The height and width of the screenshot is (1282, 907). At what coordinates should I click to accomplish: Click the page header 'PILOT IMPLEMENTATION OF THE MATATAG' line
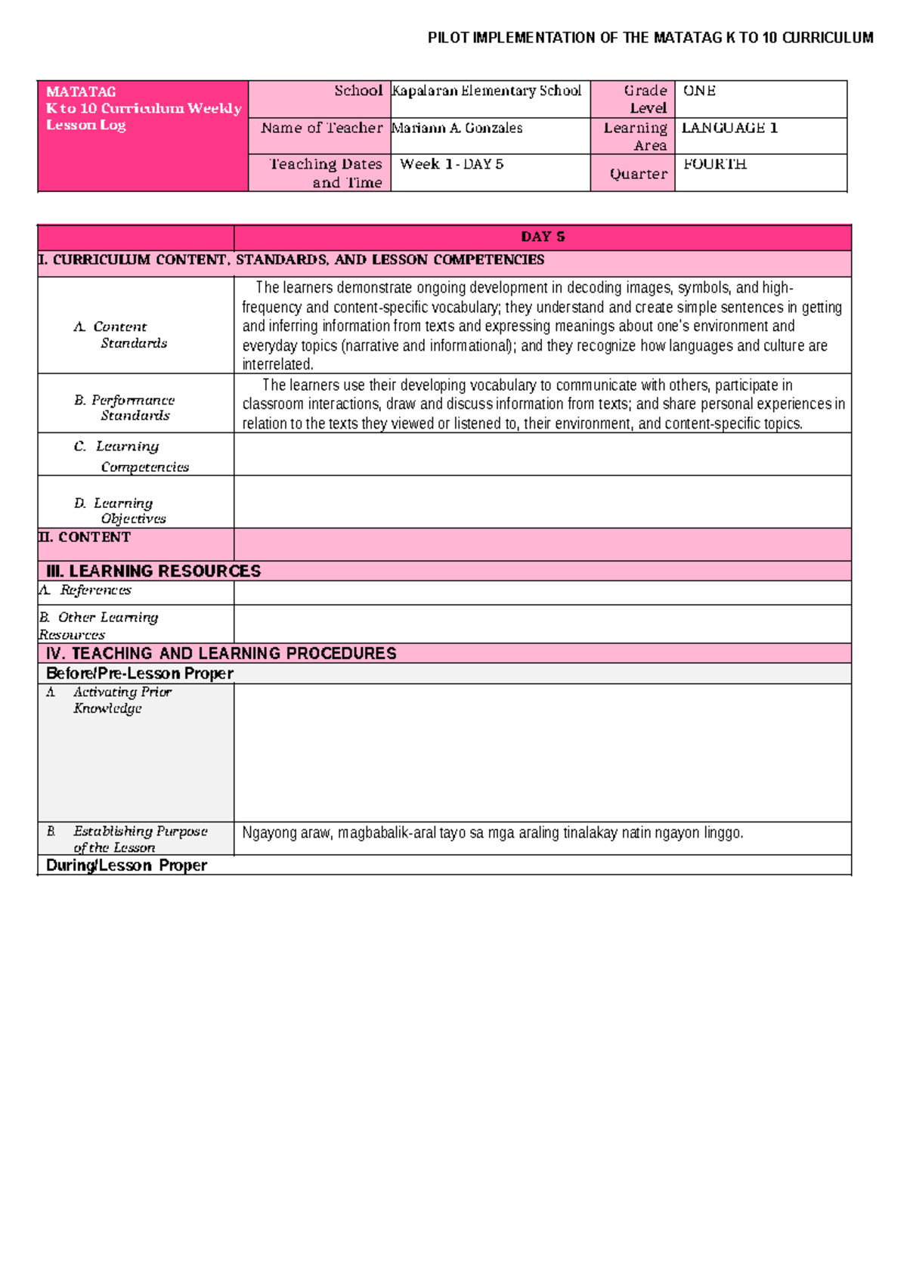coord(650,38)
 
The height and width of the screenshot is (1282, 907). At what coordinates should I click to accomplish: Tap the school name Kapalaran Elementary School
coord(487,91)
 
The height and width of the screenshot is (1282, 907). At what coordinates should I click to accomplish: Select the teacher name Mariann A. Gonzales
coord(457,129)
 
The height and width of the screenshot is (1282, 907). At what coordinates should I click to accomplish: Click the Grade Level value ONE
coord(699,91)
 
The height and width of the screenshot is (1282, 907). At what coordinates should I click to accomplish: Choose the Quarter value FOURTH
coord(714,164)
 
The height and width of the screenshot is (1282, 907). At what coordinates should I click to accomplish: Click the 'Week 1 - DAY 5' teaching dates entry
coord(451,164)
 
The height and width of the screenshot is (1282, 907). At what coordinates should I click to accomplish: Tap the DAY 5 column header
coord(543,237)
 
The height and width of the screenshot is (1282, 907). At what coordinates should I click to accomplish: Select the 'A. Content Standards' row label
coord(121,335)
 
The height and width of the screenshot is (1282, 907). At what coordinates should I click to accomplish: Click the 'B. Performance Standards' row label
coord(125,407)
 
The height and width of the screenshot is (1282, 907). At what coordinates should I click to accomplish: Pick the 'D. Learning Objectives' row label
coord(121,510)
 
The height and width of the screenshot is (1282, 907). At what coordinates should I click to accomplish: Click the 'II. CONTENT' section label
coord(85,537)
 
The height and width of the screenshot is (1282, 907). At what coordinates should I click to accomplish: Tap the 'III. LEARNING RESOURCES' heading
coord(153,571)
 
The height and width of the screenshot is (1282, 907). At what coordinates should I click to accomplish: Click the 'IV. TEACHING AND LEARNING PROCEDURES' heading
coord(221,654)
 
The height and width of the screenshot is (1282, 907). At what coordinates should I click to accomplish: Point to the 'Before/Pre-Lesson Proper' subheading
coord(139,674)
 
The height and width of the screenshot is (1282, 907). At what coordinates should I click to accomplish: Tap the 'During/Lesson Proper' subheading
coord(126,866)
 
